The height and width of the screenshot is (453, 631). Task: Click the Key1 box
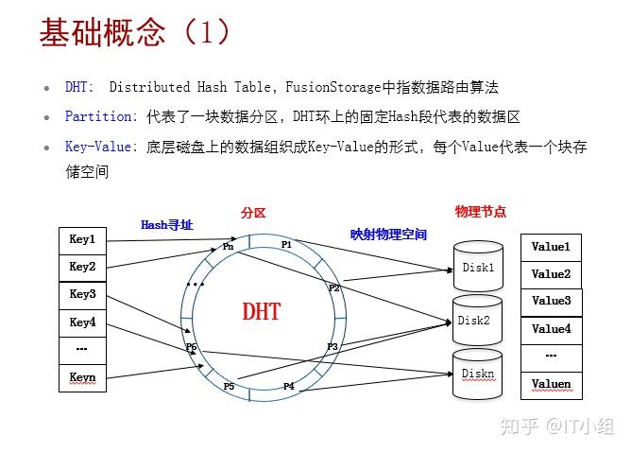tap(82, 240)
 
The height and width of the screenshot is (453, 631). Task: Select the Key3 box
tap(82, 294)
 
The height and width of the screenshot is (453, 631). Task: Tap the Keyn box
tap(82, 378)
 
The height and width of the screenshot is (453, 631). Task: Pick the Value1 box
tap(551, 247)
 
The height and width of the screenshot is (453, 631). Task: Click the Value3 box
tap(551, 301)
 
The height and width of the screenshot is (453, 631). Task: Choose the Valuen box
tap(551, 385)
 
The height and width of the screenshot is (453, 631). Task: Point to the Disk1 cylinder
tap(478, 268)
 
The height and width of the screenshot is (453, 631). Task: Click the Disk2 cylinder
tap(474, 321)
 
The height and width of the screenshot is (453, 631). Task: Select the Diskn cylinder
tap(477, 374)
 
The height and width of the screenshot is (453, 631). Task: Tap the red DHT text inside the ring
tap(262, 311)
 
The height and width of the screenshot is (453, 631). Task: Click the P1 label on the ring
tap(286, 244)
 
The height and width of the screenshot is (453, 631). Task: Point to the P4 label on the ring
tap(288, 386)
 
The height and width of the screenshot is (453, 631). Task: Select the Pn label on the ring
tap(229, 246)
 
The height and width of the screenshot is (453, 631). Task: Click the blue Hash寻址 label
tap(166, 225)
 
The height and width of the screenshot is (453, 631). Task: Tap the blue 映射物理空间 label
tap(388, 235)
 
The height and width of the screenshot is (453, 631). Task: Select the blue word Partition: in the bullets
tap(101, 116)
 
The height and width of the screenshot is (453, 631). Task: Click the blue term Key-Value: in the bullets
tap(101, 147)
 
